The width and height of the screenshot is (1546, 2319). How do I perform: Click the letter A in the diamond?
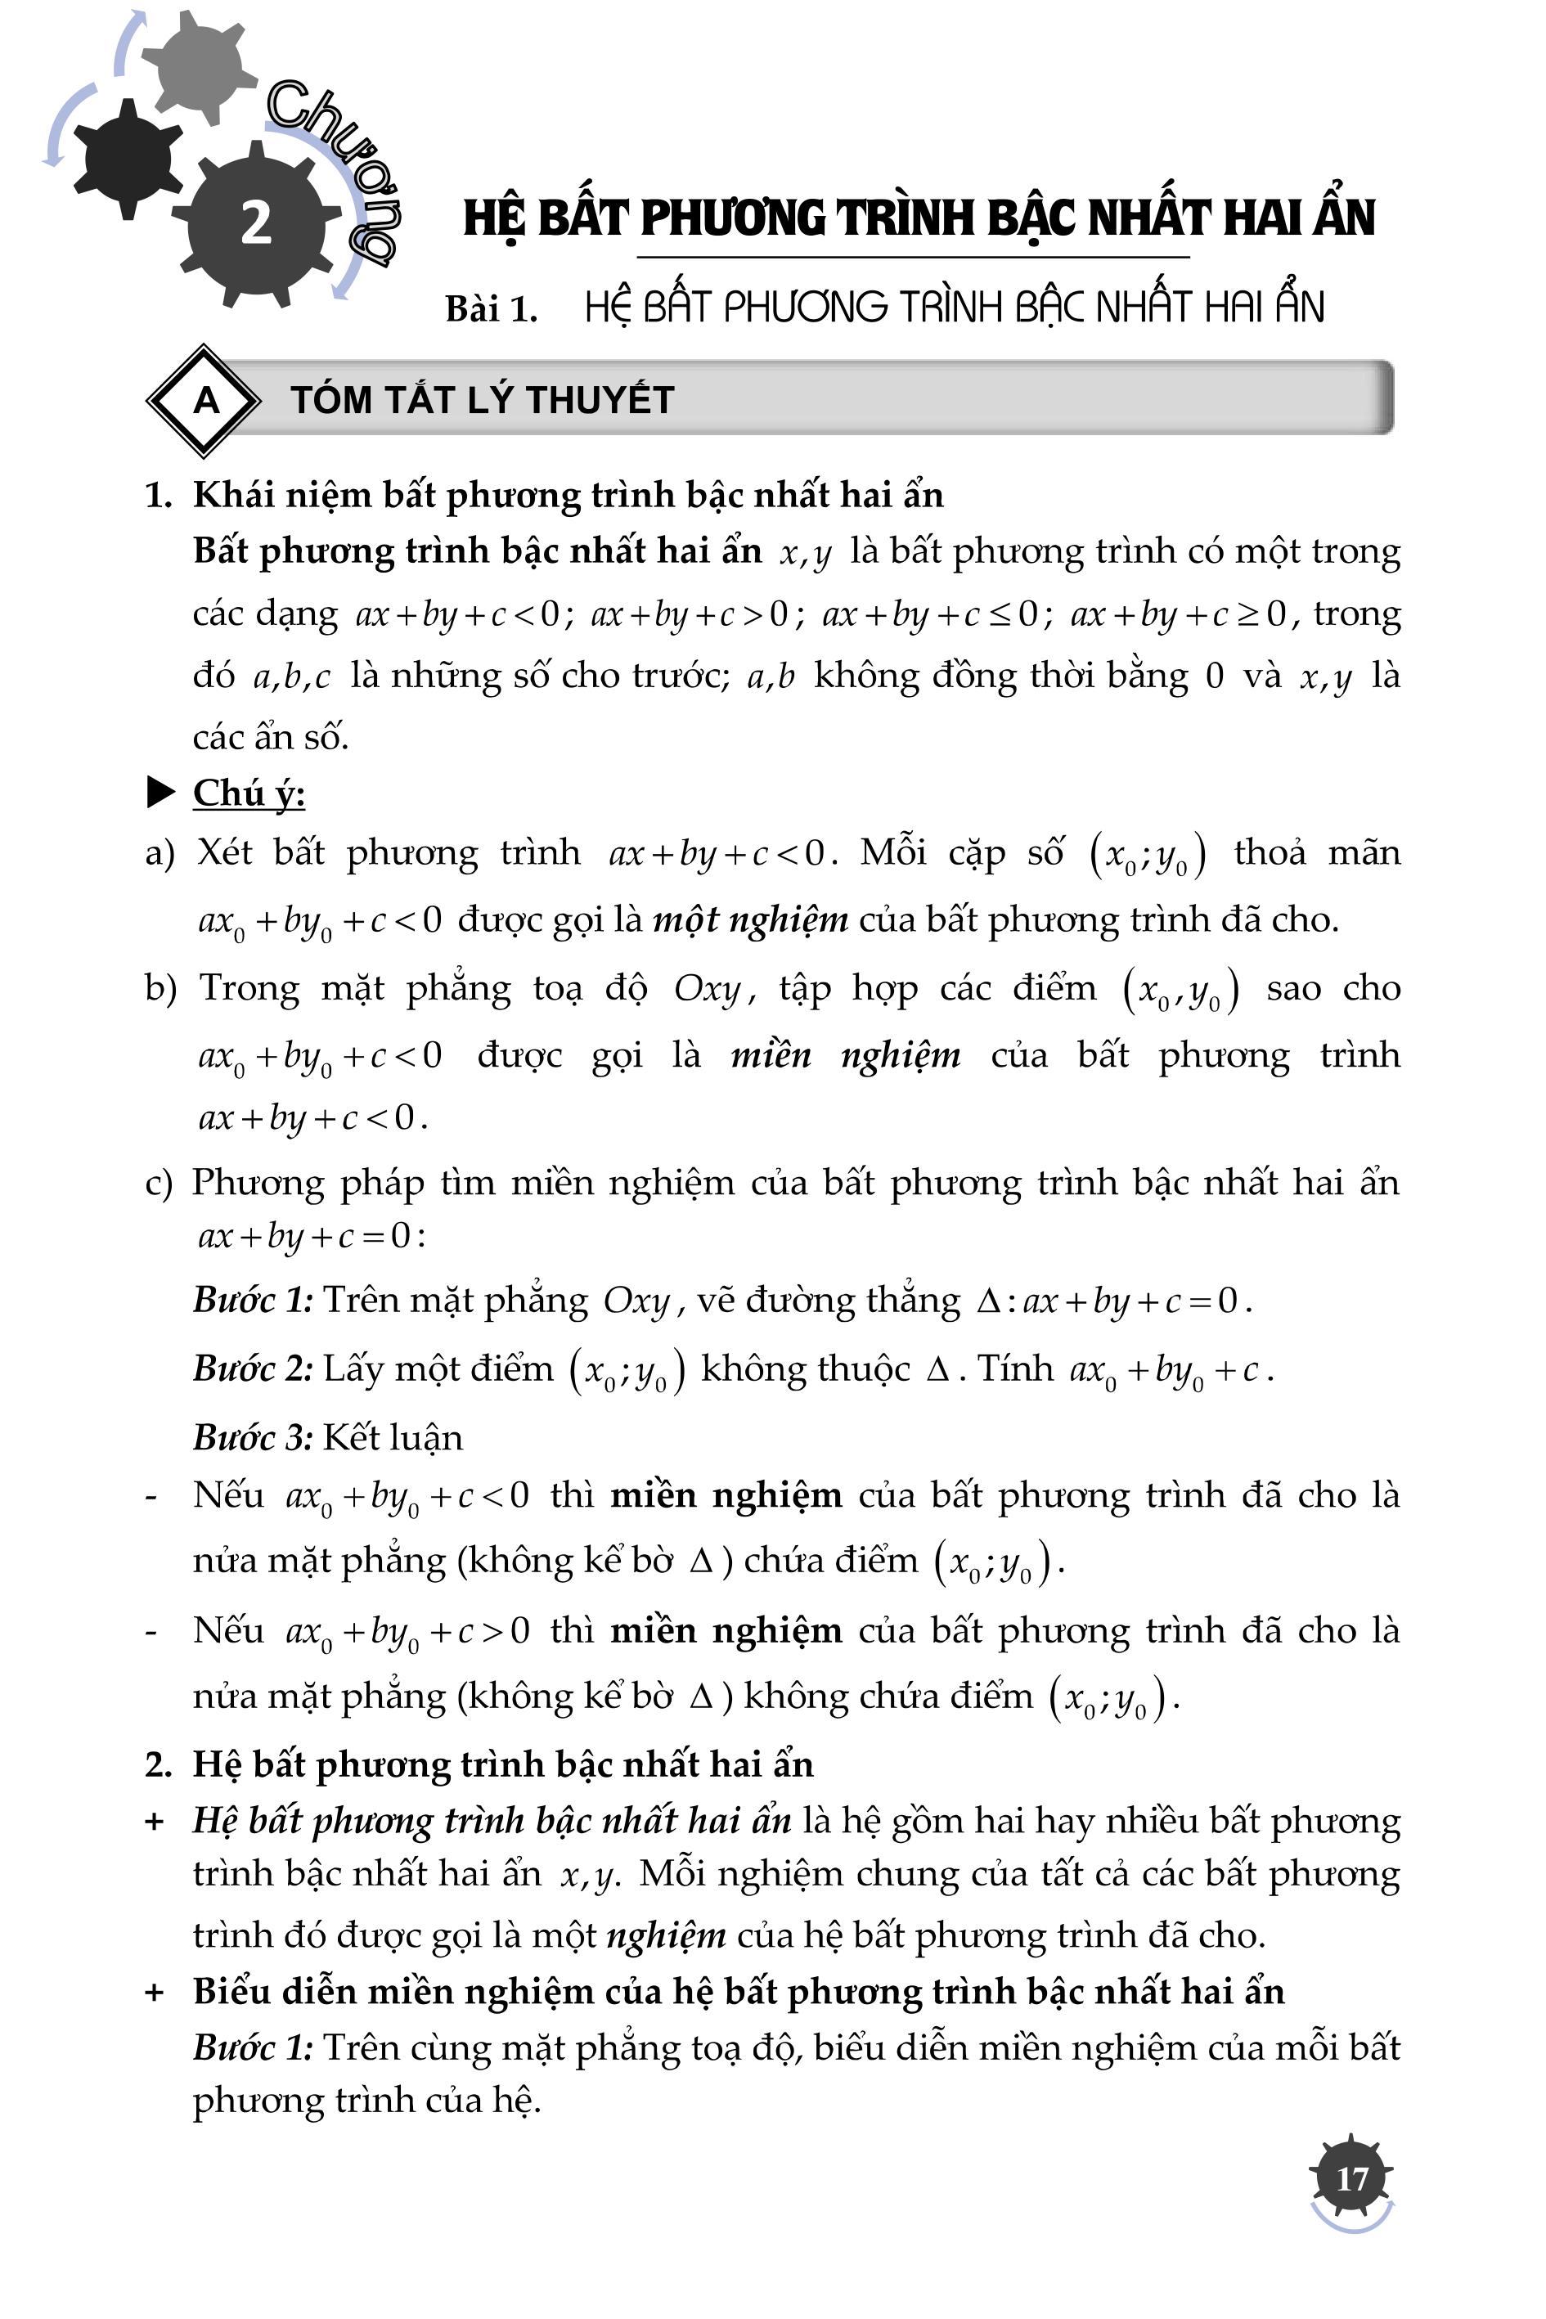click(205, 400)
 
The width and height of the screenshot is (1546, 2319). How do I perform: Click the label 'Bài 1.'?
click(491, 309)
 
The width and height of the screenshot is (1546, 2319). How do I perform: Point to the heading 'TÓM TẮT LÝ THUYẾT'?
click(482, 400)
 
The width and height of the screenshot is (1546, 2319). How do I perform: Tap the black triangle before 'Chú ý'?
click(160, 792)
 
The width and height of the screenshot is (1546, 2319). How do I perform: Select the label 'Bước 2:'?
click(254, 1368)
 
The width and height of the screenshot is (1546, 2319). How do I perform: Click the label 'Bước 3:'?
click(254, 1437)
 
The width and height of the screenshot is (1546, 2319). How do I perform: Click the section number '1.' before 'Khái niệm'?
click(158, 495)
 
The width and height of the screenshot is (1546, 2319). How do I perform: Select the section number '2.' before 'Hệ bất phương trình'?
click(158, 1764)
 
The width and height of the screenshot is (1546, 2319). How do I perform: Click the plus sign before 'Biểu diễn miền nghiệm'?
click(154, 1992)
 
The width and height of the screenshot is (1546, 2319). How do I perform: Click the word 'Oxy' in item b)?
click(706, 988)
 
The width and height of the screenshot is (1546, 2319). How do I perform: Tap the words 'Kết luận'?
click(393, 1437)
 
